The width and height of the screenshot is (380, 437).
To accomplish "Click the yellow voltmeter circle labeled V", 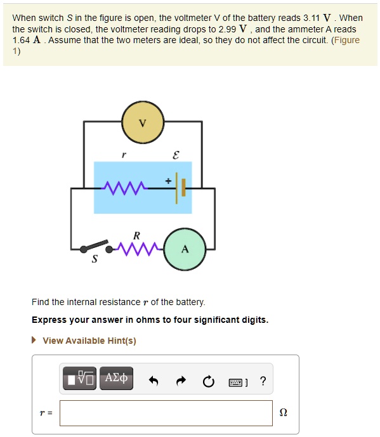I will (143, 122).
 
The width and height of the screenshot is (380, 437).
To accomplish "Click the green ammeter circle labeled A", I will (185, 249).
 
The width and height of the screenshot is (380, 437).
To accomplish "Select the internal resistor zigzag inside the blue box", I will (124, 187).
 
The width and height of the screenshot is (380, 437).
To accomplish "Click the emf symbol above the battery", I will (176, 155).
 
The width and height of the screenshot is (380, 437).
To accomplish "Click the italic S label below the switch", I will (95, 259).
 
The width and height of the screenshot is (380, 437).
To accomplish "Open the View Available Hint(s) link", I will (89, 341).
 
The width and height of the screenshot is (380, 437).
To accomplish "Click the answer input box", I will (166, 413).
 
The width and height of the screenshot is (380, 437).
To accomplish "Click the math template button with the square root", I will (79, 379).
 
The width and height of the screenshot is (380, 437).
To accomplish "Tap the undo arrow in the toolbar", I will (153, 381).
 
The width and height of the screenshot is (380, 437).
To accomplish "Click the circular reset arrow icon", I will (209, 381).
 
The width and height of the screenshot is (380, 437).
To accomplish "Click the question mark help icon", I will (263, 381).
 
